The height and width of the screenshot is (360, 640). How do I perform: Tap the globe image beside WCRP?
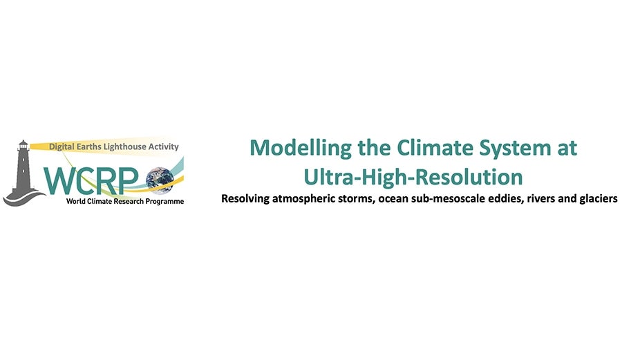tap(160, 179)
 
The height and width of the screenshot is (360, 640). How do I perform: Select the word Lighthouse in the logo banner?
tap(130, 146)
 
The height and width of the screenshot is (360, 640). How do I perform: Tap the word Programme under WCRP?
tap(164, 201)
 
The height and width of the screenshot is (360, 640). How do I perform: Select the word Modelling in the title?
tap(301, 148)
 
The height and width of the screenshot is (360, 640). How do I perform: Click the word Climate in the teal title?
tap(435, 147)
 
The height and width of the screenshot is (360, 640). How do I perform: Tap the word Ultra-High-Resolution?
tap(413, 177)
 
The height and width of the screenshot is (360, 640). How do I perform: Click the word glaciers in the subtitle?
tap(599, 199)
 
